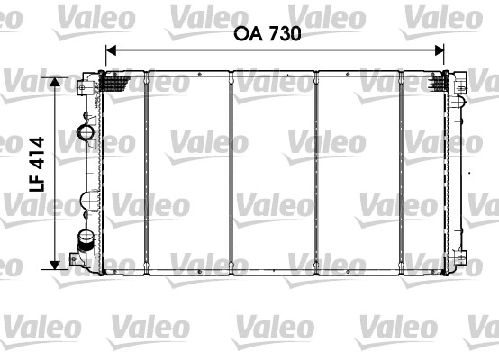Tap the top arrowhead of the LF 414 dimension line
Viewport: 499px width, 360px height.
point(56,81)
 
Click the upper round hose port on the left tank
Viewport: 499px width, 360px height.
point(87,135)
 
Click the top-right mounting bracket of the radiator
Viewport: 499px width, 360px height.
point(460,85)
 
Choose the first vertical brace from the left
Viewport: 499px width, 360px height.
point(145,171)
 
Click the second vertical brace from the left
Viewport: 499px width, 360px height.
point(231,171)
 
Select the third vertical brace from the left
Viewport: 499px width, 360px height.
point(316,171)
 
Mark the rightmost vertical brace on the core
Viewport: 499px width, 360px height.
point(402,171)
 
